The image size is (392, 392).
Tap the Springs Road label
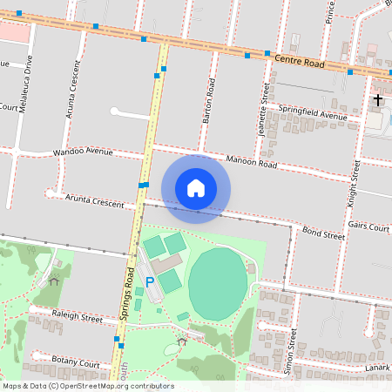pos(130,292)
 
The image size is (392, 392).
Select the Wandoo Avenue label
pos(84,152)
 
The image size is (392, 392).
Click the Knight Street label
pos(355,179)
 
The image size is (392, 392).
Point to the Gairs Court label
pos(368,226)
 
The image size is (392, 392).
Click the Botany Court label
pos(76,361)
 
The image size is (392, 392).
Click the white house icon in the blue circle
pos(196,187)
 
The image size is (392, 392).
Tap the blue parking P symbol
pos(149,281)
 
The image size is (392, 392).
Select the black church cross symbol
pos(377,100)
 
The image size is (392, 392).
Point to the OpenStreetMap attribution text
pos(87,386)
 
